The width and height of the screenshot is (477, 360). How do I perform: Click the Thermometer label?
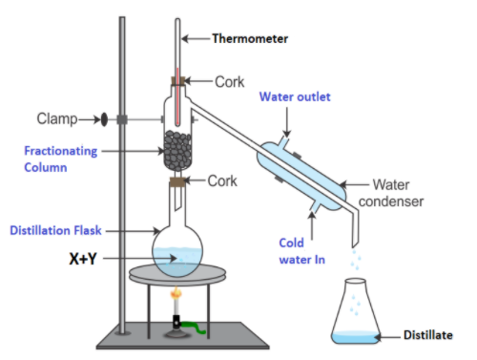coord(250,39)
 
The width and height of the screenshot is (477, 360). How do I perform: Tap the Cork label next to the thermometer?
coord(230,82)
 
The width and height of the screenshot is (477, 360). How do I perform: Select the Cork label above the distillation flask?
coord(222,181)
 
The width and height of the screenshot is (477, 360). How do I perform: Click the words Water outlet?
coord(295,96)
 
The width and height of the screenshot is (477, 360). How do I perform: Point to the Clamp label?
coord(57,119)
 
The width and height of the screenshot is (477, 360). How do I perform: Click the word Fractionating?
coord(61,151)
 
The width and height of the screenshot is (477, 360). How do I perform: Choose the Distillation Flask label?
coord(55,230)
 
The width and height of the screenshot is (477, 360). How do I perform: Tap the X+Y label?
coord(83,259)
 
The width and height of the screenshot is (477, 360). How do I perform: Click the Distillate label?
coord(428,335)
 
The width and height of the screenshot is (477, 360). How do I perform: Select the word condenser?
coord(391,201)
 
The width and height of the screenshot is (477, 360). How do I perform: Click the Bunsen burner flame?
coord(176,293)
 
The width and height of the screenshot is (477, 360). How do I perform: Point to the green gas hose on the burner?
coord(194,328)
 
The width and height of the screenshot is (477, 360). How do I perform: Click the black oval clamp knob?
coord(104,119)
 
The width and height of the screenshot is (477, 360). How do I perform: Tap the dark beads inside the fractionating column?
coord(177,150)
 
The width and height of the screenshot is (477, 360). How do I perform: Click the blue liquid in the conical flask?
coord(355,337)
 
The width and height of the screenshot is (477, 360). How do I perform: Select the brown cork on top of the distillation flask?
coord(176,181)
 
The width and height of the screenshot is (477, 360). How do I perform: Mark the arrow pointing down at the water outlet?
coord(287,122)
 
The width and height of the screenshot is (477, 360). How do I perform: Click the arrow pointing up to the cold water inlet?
coord(312,225)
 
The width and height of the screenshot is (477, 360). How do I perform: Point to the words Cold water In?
coord(302,251)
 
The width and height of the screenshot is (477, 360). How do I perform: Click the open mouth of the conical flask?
coord(356,281)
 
